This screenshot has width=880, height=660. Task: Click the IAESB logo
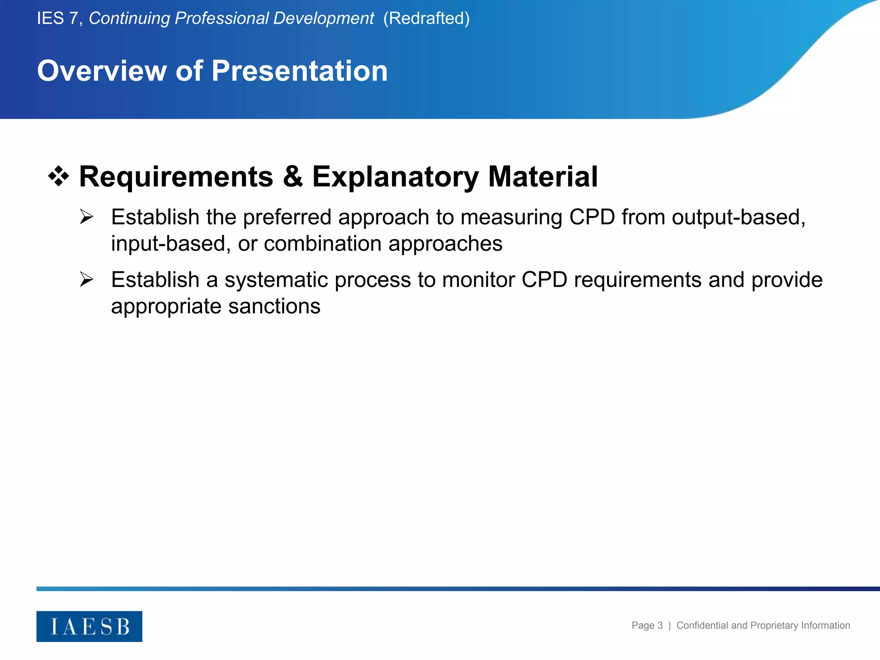point(89,626)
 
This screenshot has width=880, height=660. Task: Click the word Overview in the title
point(102,71)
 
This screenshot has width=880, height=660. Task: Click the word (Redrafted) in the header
point(426,18)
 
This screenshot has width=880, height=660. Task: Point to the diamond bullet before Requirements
point(58,177)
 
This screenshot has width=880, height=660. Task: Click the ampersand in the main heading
point(293,177)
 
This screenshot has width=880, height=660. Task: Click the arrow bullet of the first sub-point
point(86,217)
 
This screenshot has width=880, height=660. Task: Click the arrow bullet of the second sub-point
point(86,280)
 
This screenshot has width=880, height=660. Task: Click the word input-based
point(168,244)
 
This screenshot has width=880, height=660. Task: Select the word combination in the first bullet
point(322,244)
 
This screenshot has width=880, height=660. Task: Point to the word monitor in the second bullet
point(478,280)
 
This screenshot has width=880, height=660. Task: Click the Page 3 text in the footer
point(647,626)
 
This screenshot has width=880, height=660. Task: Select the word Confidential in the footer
point(702,626)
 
